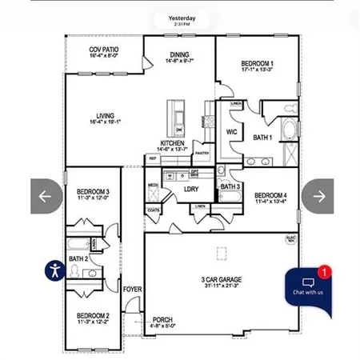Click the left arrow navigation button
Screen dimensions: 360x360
pos(46,196)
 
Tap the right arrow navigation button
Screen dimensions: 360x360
pos(318,196)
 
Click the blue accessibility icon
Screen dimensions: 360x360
pos(54,270)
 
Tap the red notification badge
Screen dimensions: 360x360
pos(323,273)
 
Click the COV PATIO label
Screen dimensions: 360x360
pos(103,50)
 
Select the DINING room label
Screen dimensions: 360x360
pos(179,54)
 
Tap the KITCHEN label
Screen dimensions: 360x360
pos(172,143)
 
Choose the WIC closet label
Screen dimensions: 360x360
pos(232,131)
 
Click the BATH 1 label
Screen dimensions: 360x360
pos(263,138)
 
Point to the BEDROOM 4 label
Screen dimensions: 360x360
pos(270,195)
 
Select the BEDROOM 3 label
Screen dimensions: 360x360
pos(93,191)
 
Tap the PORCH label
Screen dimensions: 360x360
pos(163,319)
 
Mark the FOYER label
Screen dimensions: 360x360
pos(132,288)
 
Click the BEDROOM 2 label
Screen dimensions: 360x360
pos(93,316)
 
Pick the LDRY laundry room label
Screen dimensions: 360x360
pos(190,190)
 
